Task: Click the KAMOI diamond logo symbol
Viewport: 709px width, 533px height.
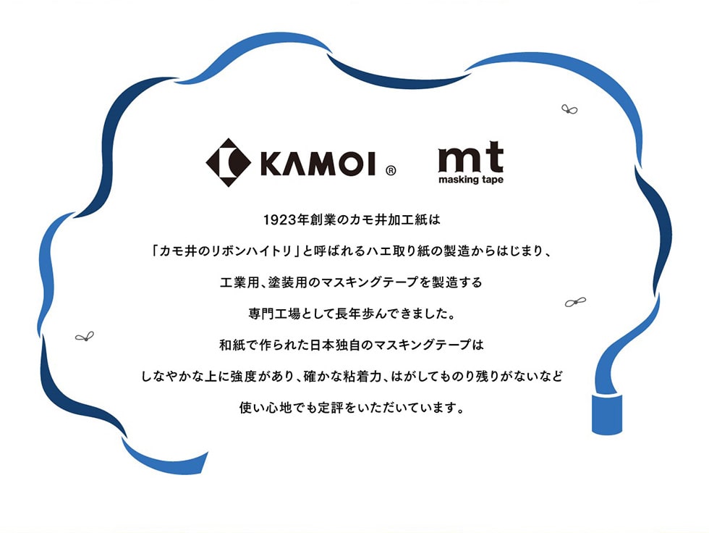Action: tap(229, 162)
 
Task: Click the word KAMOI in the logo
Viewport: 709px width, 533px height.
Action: tap(318, 163)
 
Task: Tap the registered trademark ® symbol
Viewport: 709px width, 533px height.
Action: tap(391, 171)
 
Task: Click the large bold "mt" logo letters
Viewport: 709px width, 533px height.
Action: tap(471, 157)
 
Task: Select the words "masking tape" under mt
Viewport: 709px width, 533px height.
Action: tap(471, 180)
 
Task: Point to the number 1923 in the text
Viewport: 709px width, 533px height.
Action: tap(280, 220)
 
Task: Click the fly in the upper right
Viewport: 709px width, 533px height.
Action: tap(569, 109)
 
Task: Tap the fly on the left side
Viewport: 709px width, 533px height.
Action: tap(85, 337)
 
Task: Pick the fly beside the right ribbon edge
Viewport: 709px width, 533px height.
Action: tap(575, 302)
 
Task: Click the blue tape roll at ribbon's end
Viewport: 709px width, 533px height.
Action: tap(607, 414)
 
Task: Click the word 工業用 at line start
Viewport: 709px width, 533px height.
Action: tap(239, 282)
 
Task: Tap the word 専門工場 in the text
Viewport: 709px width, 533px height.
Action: tap(274, 314)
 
